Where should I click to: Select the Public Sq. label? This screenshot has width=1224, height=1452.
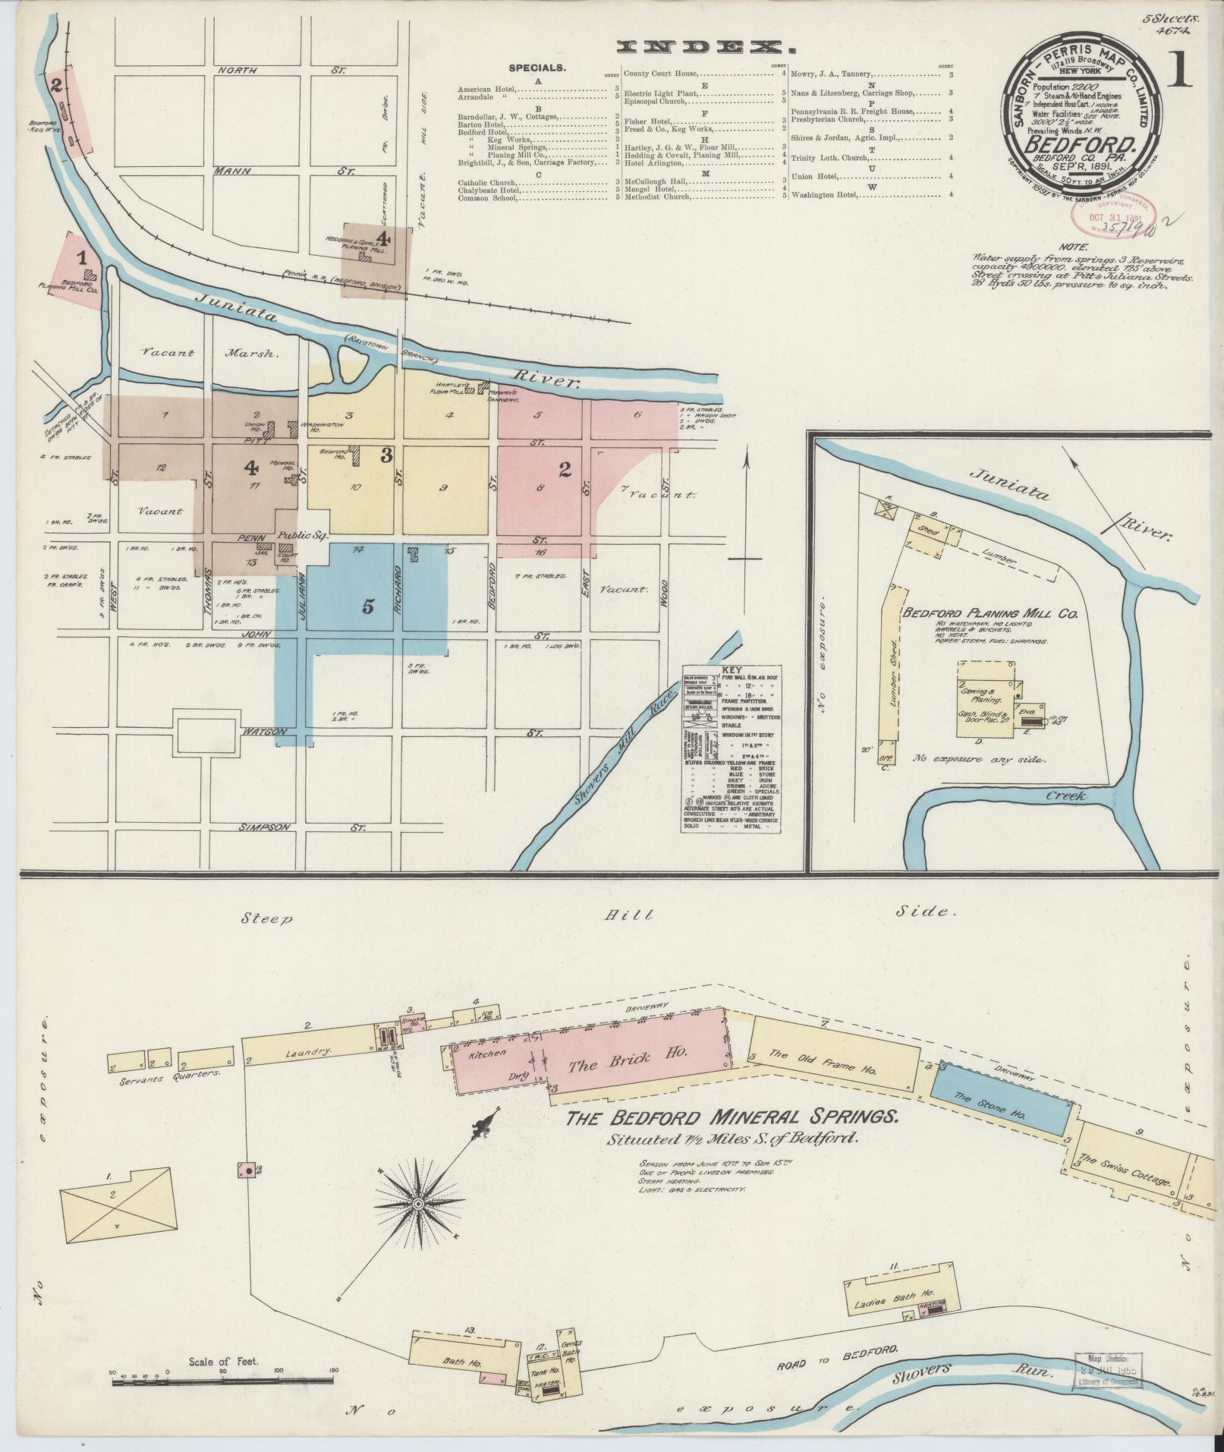[301, 535]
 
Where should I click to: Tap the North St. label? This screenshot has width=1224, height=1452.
[281, 70]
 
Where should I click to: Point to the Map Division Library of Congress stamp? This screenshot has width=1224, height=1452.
[1109, 1372]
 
